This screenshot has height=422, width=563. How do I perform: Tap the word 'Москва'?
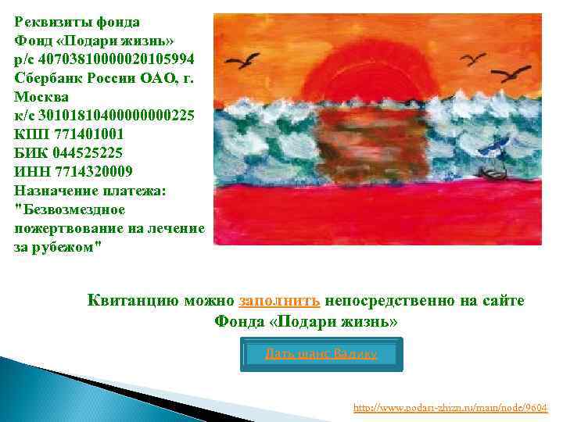pos(41,96)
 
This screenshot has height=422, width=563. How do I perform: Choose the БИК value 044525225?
pos(88,152)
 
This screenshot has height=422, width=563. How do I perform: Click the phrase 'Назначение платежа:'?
pos(90,190)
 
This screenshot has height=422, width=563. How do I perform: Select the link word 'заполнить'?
pos(279,300)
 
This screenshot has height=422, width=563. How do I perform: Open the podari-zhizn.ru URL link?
pos(450,407)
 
